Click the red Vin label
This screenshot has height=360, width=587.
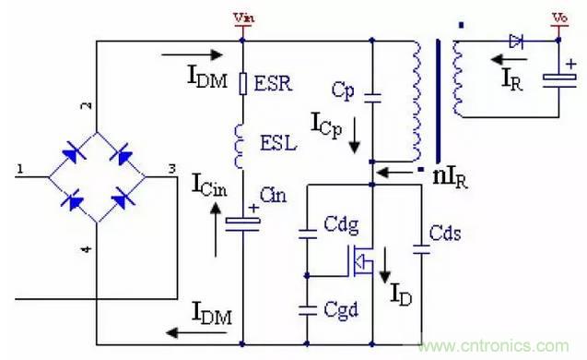pyautogui.click(x=243, y=18)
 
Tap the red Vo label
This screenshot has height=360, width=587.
pyautogui.click(x=558, y=18)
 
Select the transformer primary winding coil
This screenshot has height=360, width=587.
pyautogui.click(x=414, y=100)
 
